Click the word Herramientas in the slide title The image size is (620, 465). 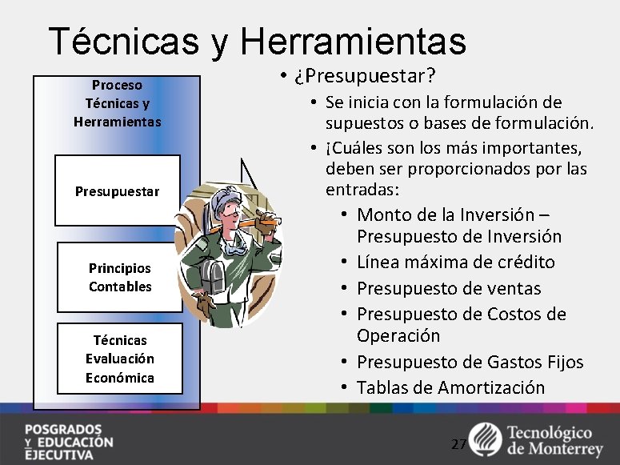(351, 40)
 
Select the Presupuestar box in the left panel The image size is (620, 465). (118, 191)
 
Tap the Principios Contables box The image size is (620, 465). (120, 277)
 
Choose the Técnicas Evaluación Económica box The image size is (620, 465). (120, 359)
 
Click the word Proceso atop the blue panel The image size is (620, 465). (117, 84)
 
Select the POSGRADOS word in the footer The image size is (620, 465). (62, 428)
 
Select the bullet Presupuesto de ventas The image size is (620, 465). (449, 288)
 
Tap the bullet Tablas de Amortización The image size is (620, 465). (450, 387)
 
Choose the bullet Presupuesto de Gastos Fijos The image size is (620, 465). (470, 362)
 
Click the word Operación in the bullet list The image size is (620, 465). (398, 335)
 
